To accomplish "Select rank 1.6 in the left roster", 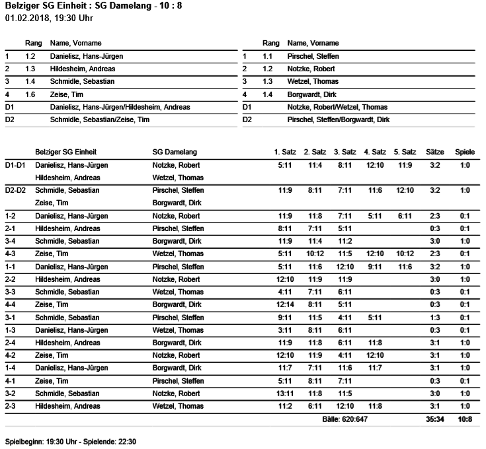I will (x=30, y=94).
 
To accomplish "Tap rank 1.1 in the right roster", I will (x=267, y=57).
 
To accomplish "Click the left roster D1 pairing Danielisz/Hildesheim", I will (x=120, y=107).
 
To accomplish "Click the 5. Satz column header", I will (x=405, y=153).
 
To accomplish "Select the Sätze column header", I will (x=434, y=153).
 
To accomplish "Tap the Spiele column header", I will (x=465, y=153).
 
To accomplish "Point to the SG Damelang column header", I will (x=175, y=153).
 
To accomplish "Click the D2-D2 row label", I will (x=15, y=190).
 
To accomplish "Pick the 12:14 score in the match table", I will (x=285, y=304).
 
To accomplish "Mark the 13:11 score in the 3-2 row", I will (x=285, y=394).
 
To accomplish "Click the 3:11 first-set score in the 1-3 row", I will (x=285, y=330).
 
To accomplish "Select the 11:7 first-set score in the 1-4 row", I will (x=285, y=368).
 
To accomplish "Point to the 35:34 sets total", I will (x=434, y=419).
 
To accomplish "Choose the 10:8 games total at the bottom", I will (x=466, y=419).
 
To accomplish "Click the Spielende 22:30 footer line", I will (x=70, y=440).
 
